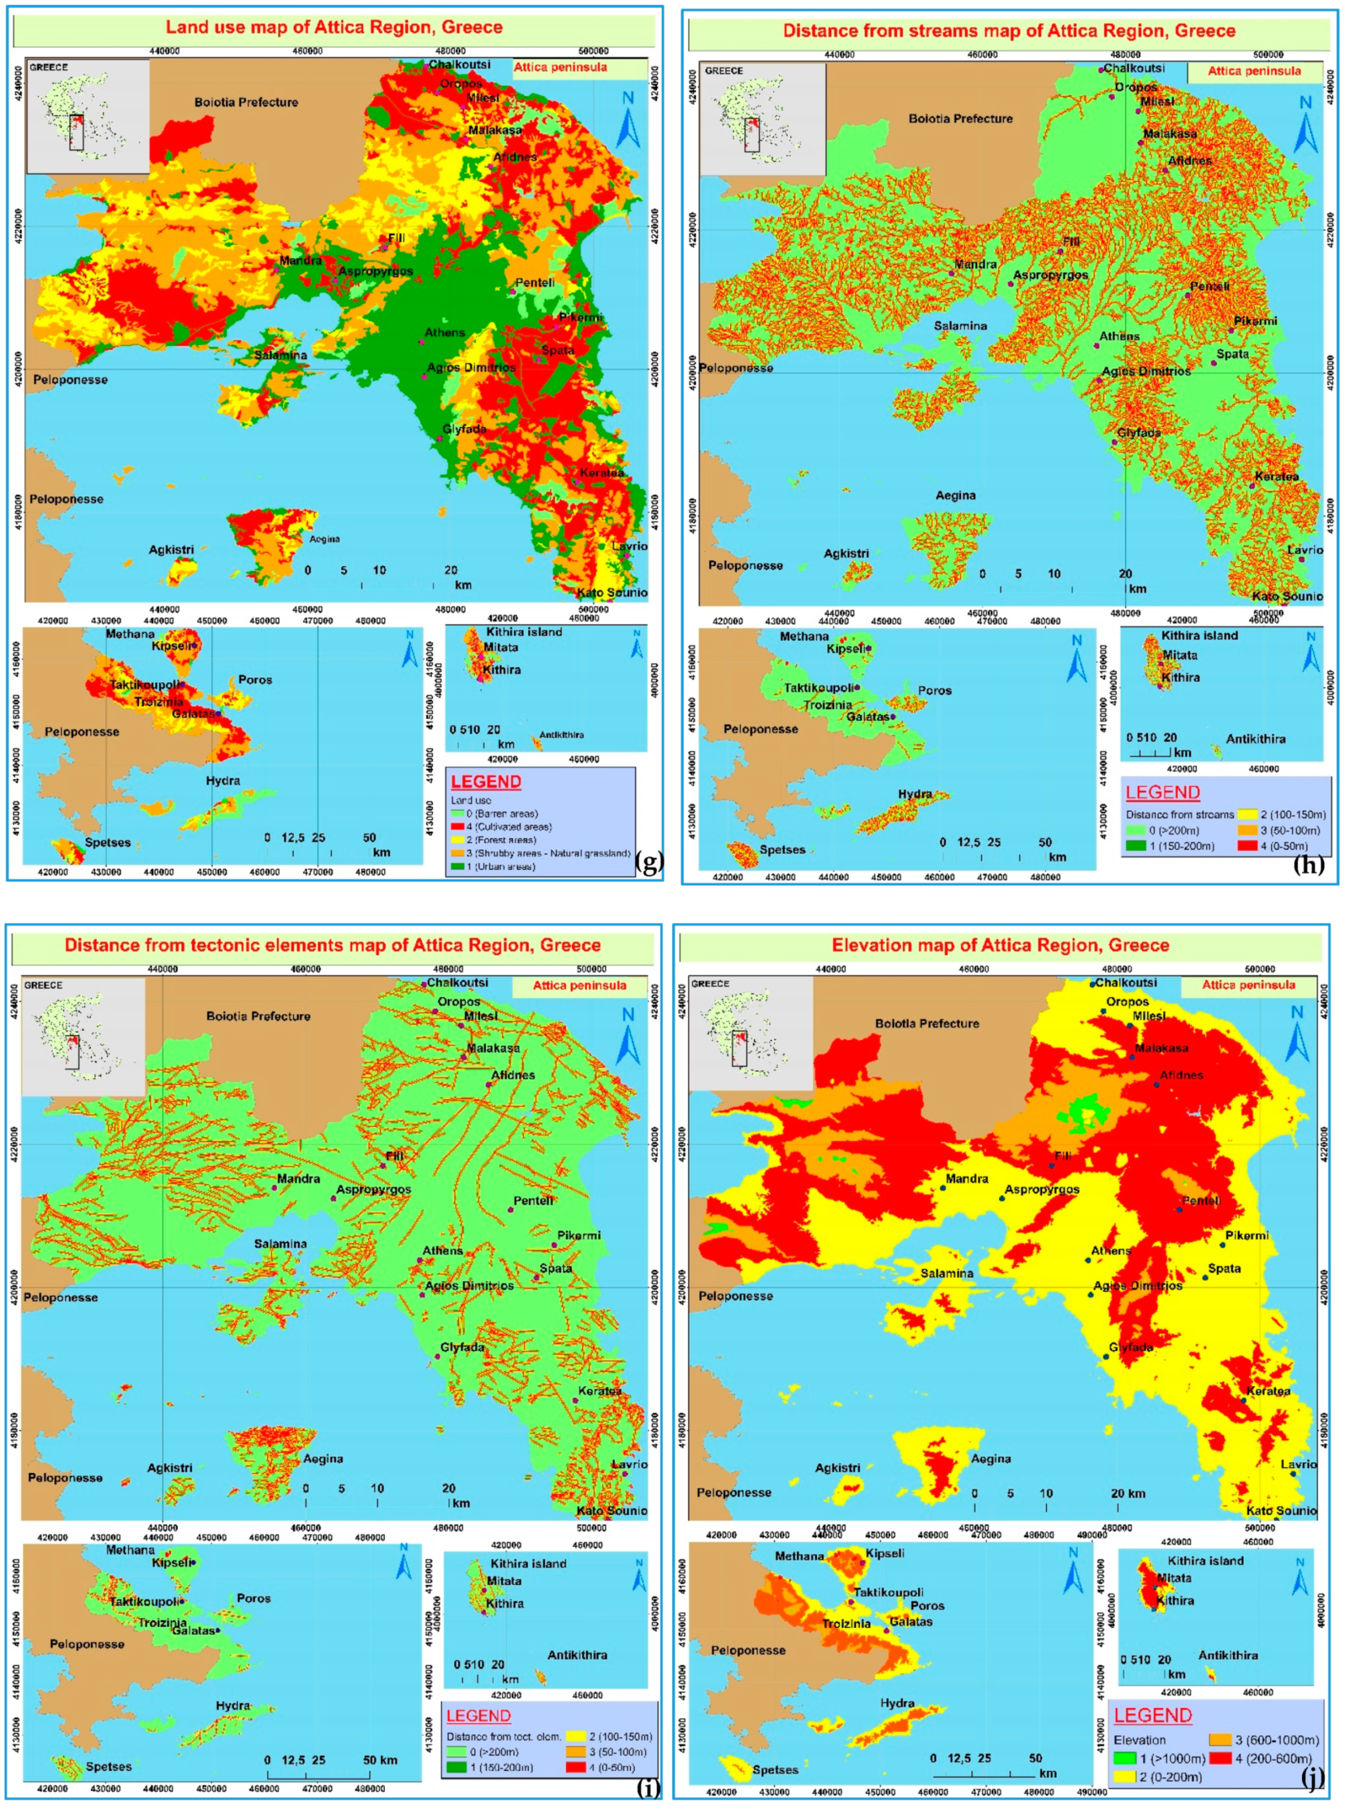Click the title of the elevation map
(x=1000, y=945)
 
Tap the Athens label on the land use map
(x=444, y=332)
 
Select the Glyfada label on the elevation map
(x=1131, y=1347)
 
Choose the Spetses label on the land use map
(x=108, y=842)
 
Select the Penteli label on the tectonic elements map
(x=533, y=1200)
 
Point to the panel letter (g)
(x=649, y=862)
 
